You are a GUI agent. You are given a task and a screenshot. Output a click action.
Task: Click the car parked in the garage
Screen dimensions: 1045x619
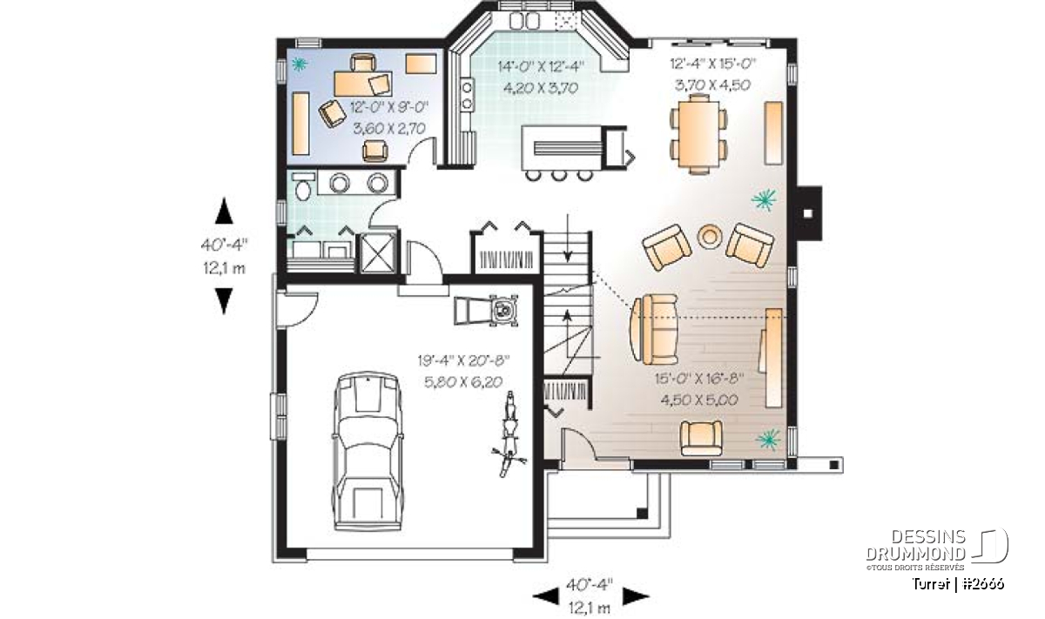(367, 451)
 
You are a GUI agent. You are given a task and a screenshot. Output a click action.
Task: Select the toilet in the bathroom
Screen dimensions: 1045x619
(303, 187)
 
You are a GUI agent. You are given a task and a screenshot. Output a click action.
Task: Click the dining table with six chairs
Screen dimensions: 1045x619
(698, 134)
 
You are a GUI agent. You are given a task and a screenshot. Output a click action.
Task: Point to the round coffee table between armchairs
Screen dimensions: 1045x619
(710, 237)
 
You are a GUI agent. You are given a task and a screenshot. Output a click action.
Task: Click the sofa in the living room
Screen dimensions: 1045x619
(654, 329)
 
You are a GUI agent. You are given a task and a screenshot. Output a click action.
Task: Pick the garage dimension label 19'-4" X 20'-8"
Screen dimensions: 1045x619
(463, 360)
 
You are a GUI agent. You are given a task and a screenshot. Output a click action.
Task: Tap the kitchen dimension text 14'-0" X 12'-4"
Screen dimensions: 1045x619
(541, 67)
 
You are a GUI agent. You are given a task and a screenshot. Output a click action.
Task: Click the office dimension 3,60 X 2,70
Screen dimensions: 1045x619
(389, 128)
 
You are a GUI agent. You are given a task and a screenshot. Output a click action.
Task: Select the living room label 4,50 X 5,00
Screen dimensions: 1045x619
(699, 400)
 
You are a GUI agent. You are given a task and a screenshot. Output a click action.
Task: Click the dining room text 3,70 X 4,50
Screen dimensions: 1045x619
(713, 85)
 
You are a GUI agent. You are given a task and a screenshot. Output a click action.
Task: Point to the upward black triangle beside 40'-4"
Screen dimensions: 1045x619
(224, 211)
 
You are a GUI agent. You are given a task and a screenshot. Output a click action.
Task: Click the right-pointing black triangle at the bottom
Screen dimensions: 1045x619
(636, 595)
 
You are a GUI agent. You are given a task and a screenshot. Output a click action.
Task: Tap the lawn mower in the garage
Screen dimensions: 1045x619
(486, 310)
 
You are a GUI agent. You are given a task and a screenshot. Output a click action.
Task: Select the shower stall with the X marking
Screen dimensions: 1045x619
(378, 252)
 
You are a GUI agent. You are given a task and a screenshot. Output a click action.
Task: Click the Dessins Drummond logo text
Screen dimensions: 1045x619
(916, 545)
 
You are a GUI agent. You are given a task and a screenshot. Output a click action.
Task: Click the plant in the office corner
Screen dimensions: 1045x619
(298, 64)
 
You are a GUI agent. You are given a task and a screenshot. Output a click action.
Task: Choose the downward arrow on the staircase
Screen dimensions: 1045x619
(567, 238)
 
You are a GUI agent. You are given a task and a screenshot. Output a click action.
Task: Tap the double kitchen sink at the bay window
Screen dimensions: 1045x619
(524, 21)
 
